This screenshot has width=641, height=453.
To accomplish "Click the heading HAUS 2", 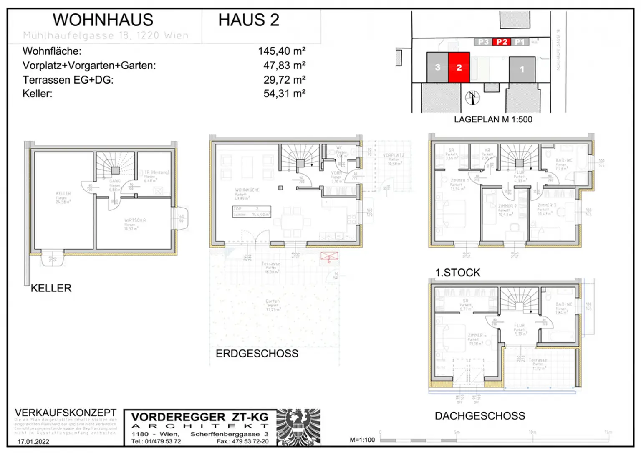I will [249, 20].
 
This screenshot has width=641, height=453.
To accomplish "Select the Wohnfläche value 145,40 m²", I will [282, 51].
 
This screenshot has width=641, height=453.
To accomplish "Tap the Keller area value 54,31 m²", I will [284, 94].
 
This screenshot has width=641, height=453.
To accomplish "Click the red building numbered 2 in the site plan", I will [459, 67].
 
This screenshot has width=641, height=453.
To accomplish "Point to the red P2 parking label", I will [502, 42].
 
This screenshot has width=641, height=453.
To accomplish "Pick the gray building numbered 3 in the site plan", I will [437, 67].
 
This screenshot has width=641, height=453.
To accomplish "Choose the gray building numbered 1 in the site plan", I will [522, 69].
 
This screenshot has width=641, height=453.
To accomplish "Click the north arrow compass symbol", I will [472, 97].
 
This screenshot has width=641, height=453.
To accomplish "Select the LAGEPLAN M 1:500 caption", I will [493, 119].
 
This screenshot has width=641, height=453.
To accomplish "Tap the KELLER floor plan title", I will [51, 288].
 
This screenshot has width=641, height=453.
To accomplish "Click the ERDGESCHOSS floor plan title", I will [257, 354].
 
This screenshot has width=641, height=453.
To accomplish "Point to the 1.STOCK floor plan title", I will [457, 273].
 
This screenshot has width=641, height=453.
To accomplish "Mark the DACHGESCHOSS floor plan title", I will [479, 416].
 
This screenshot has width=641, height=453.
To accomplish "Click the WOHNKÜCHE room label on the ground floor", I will [247, 190].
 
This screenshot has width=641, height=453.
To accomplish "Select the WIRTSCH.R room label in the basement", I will [135, 220].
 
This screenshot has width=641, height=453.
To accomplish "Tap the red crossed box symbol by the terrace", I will [329, 257].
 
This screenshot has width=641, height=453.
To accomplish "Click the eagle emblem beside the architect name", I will [298, 427].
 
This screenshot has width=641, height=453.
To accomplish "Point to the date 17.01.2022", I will [33, 441].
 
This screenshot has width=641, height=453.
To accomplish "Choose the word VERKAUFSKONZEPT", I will [66, 413].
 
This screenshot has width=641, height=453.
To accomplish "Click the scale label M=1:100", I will [362, 440].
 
